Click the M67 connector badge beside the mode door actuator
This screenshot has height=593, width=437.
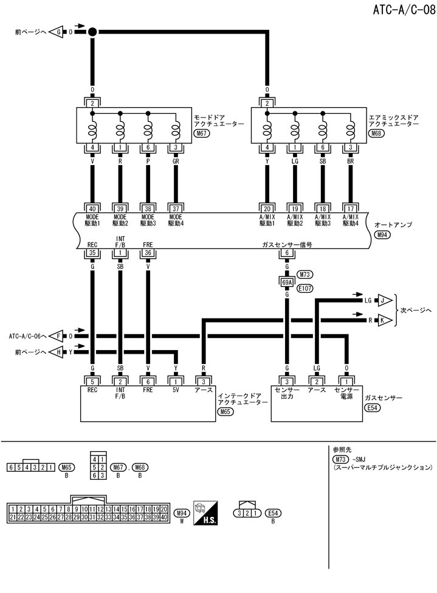(201, 133)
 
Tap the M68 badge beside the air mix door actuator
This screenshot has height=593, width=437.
(376, 133)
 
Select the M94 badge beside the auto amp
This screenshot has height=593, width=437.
(383, 234)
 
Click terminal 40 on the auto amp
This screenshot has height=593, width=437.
(92, 207)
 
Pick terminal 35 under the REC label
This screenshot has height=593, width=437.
(92, 253)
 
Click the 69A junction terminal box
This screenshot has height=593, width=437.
(286, 282)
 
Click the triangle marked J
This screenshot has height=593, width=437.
(385, 300)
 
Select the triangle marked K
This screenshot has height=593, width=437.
(385, 319)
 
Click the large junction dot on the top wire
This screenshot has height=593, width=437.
(92, 31)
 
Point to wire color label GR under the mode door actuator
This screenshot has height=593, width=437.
(176, 163)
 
